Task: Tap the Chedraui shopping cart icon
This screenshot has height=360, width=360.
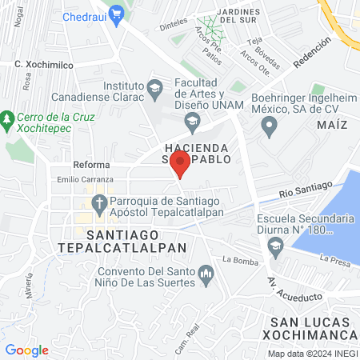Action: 117,13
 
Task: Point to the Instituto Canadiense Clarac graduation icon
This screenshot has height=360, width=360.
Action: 155,86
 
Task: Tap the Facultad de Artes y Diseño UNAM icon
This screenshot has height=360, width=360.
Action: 191,122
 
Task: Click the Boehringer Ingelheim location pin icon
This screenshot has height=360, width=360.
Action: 270,125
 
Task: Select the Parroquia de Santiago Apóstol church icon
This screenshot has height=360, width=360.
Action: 98,202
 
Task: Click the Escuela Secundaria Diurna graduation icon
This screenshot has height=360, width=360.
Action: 276,244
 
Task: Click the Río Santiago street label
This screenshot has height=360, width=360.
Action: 306,190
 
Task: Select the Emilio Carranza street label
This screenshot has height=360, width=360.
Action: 81,179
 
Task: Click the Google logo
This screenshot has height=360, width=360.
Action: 26,350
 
